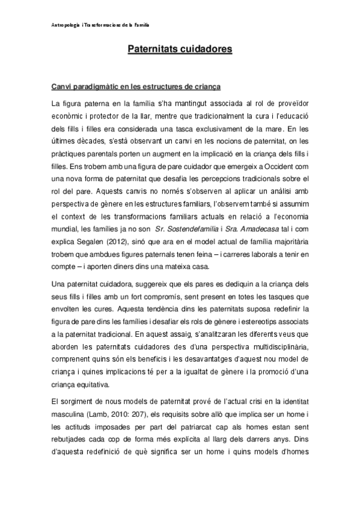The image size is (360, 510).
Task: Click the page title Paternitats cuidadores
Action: pyautogui.click(x=180, y=49)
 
